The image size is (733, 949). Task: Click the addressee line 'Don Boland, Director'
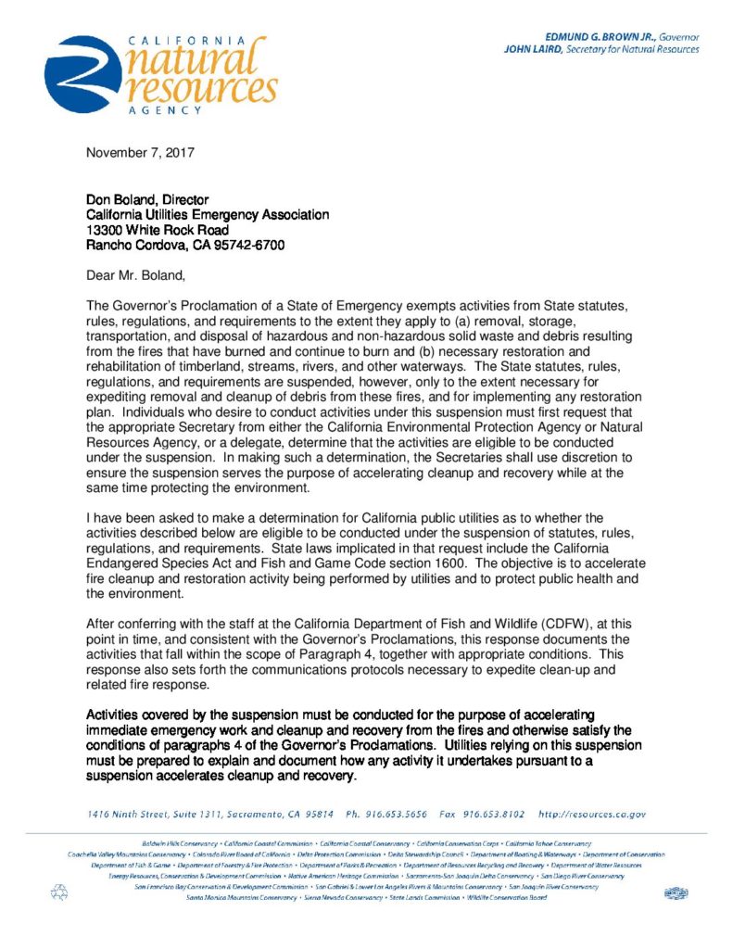pyautogui.click(x=147, y=199)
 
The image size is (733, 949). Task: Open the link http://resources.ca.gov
pyautogui.click(x=591, y=815)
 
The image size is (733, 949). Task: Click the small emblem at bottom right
pyautogui.click(x=675, y=892)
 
